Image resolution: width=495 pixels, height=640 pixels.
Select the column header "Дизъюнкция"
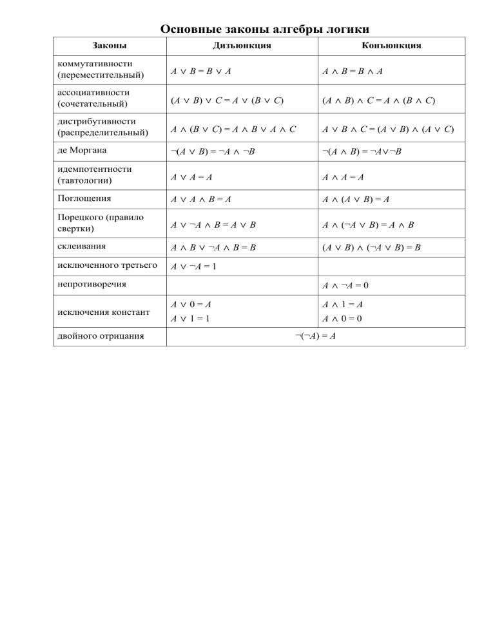tap(242, 46)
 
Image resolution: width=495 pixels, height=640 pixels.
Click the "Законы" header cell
tap(110, 46)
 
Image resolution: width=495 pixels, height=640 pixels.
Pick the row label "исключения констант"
tap(103, 312)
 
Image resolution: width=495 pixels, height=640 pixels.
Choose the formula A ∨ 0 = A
tap(191, 305)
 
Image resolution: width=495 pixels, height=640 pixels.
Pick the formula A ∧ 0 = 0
tap(342, 319)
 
